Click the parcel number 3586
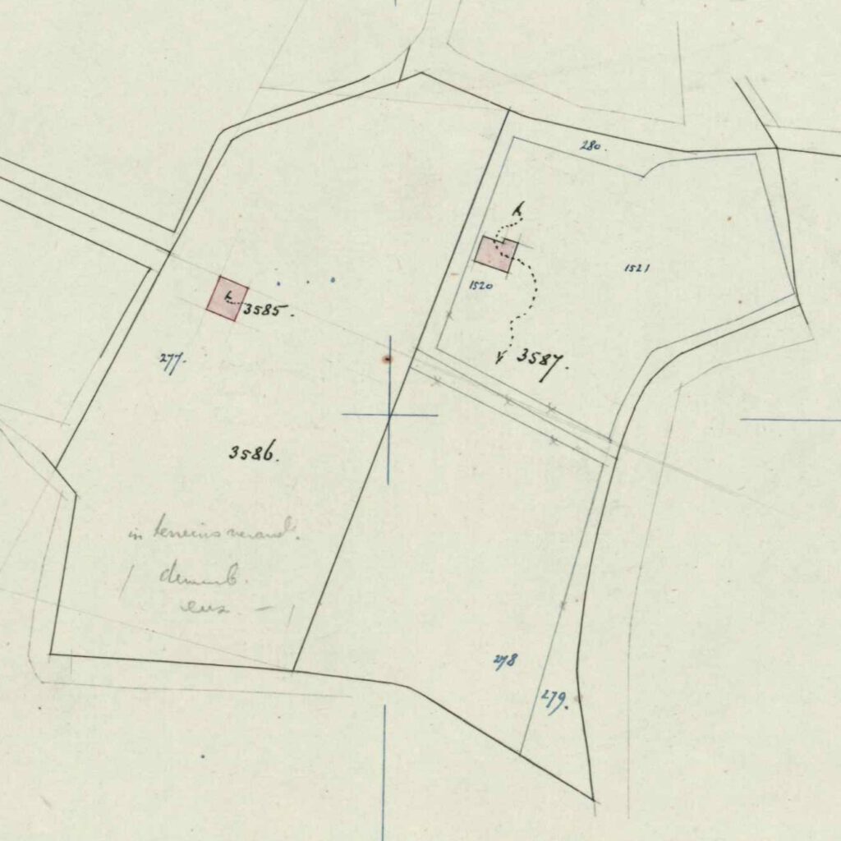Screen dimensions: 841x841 [254, 452]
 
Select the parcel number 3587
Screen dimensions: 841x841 [542, 358]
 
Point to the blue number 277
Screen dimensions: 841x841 [172, 361]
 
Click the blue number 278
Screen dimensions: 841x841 [504, 660]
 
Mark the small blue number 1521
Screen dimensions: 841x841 [637, 268]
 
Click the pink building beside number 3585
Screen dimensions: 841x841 [227, 297]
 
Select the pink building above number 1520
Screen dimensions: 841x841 [496, 254]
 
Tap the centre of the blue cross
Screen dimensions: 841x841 [389, 415]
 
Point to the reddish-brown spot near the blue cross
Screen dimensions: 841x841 [386, 359]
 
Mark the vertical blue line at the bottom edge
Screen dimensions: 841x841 [384, 772]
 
